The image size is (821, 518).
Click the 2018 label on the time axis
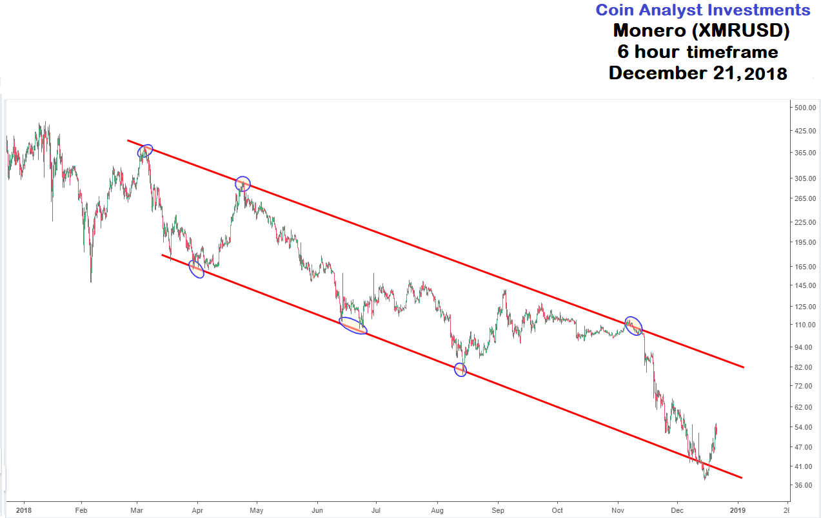pyautogui.click(x=23, y=510)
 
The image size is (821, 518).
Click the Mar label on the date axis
pyautogui.click(x=137, y=510)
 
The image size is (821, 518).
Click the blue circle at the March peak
pyautogui.click(x=146, y=151)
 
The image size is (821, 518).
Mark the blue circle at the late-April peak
pyautogui.click(x=242, y=184)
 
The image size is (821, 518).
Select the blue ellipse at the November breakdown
pyautogui.click(x=634, y=326)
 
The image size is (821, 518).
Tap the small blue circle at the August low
pyautogui.click(x=460, y=370)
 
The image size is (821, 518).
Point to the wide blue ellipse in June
pyautogui.click(x=353, y=326)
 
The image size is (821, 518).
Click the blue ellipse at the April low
pyautogui.click(x=196, y=269)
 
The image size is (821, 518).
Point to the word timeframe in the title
pyautogui.click(x=733, y=52)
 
